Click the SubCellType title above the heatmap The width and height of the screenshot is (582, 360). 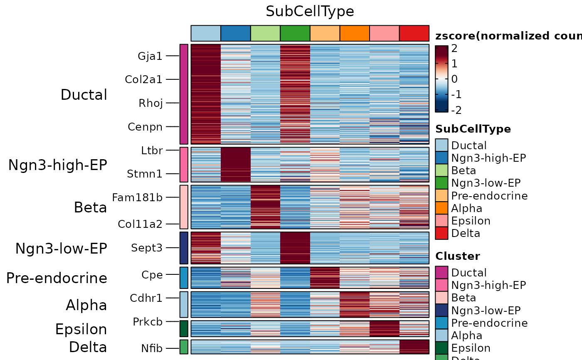[310, 12]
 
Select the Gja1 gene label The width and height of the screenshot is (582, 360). [150, 56]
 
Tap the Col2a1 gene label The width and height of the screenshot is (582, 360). [144, 79]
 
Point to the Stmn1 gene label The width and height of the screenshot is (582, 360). [145, 174]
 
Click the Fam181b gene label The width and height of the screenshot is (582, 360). [137, 197]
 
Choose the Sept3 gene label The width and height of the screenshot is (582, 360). [147, 248]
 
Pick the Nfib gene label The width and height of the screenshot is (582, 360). [152, 348]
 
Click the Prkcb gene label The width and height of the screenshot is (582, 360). [148, 322]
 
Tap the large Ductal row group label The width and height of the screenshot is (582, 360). [84, 95]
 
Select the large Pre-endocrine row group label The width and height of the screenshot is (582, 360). [57, 278]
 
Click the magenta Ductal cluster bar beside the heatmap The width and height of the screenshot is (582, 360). [184, 94]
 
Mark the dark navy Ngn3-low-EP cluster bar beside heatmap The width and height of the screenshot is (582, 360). [184, 248]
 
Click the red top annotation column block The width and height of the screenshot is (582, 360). [414, 33]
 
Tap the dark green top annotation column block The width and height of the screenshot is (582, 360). [295, 33]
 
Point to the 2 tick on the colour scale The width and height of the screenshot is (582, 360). [454, 49]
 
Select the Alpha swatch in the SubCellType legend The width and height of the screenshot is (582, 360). [441, 208]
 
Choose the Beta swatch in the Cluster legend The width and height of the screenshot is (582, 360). [441, 298]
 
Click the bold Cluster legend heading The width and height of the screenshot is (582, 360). [458, 256]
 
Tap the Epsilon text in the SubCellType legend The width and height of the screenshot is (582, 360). [471, 221]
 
